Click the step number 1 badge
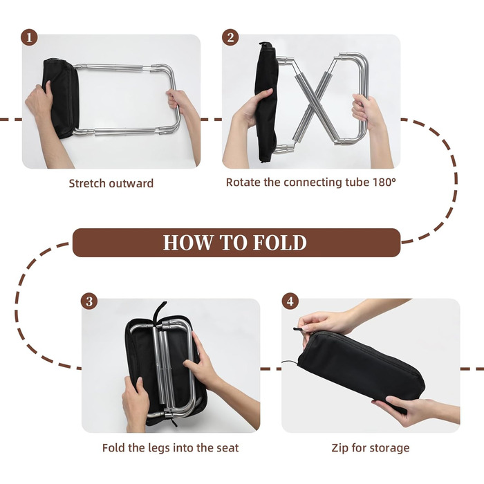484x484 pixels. click(29, 37)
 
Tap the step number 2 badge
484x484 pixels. click(230, 37)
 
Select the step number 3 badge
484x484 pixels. click(89, 301)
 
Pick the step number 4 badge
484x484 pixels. click(290, 301)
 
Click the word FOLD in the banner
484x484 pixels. click(279, 243)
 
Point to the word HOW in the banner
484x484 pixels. click(188, 243)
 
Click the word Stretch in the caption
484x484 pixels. click(88, 183)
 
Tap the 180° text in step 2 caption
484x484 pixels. click(384, 182)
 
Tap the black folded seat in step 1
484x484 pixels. click(61, 98)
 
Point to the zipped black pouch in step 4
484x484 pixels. click(361, 367)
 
